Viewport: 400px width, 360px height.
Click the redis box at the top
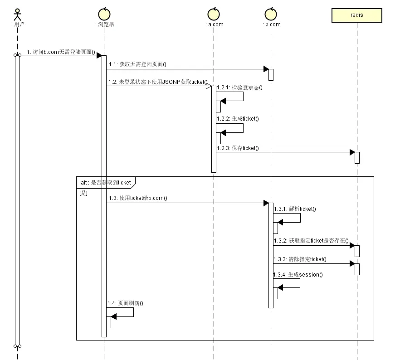pyautogui.click(x=356, y=15)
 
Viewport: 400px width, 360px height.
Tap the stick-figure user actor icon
pyautogui.click(x=17, y=15)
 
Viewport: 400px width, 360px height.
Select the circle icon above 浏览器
pyautogui.click(x=104, y=14)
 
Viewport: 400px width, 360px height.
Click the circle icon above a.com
pyautogui.click(x=214, y=14)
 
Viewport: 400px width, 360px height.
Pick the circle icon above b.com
pyautogui.click(x=271, y=14)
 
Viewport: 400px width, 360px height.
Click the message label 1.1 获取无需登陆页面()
pyautogui.click(x=137, y=64)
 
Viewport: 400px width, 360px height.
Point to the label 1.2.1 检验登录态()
pyautogui.click(x=239, y=88)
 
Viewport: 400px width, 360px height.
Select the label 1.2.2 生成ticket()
pyautogui.click(x=238, y=119)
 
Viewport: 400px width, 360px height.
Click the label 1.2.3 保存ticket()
pyautogui.click(x=238, y=148)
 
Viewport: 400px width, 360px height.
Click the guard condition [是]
pyautogui.click(x=83, y=193)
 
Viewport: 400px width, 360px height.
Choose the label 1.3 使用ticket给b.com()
pyautogui.click(x=138, y=198)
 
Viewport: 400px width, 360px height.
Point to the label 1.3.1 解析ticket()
pyautogui.click(x=295, y=209)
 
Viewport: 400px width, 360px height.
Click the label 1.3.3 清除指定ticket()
pyautogui.click(x=300, y=259)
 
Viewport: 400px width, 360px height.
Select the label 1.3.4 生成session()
pyautogui.click(x=298, y=275)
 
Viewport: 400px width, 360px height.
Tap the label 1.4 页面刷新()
pyautogui.click(x=125, y=303)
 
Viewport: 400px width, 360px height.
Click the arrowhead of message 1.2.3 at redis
pyautogui.click(x=352, y=152)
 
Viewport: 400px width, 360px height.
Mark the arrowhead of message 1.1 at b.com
pyautogui.click(x=266, y=69)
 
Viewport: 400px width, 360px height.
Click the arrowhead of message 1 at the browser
pyautogui.click(x=99, y=55)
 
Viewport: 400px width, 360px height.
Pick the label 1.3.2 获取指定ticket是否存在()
pyautogui.click(x=311, y=241)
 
